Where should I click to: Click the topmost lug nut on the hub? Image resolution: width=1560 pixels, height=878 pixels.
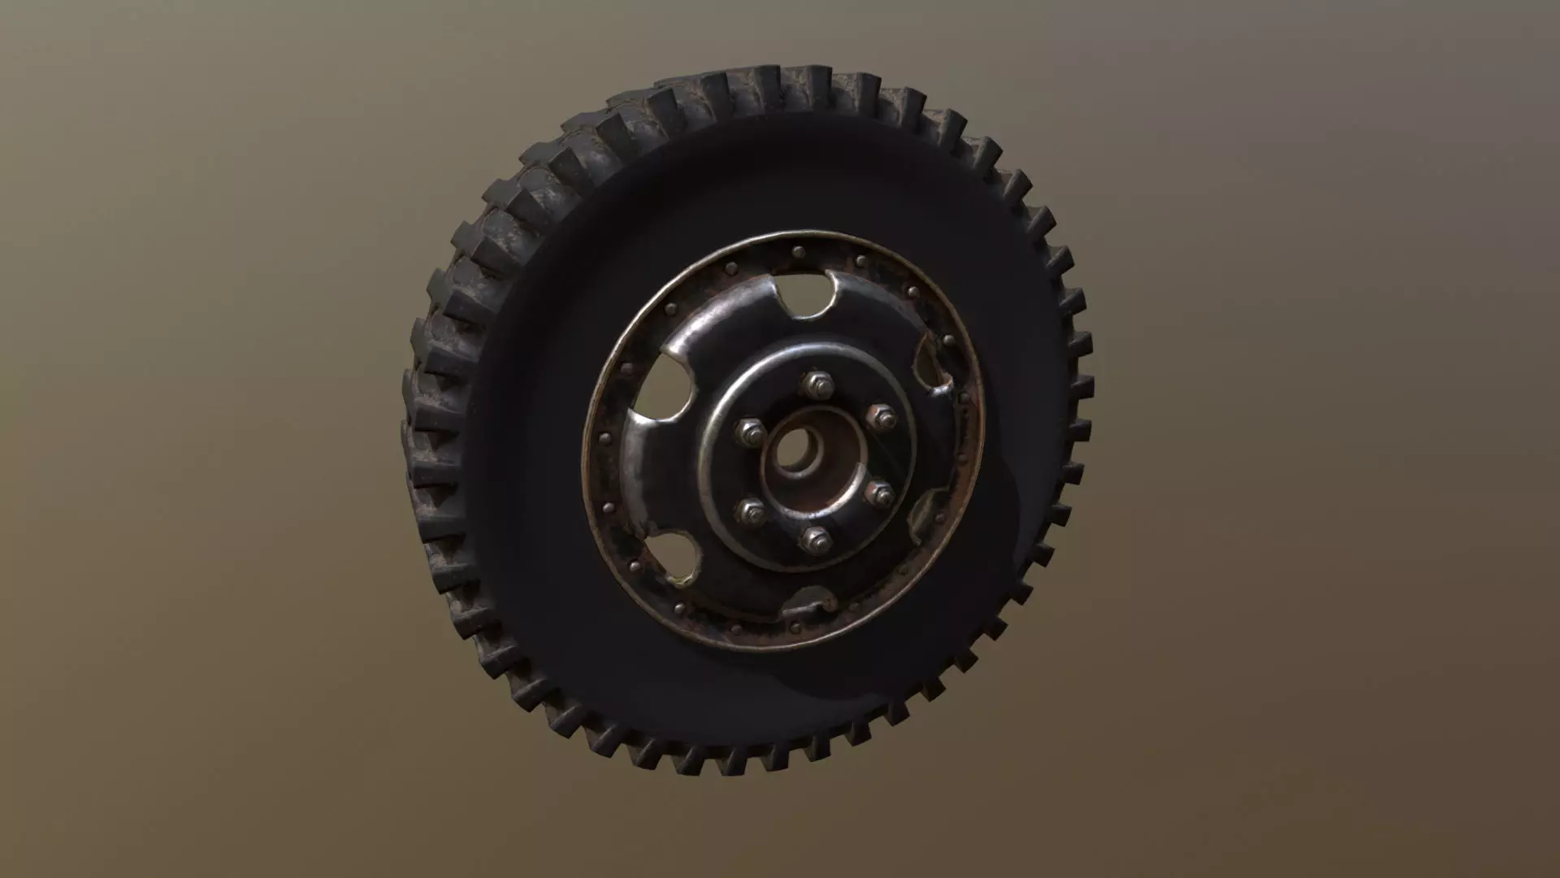pos(813,383)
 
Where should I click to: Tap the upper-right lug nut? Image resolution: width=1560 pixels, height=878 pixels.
pos(877,418)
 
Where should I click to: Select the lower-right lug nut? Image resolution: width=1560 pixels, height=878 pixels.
pos(878,493)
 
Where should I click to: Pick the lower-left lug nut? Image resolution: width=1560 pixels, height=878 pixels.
pos(752,511)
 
